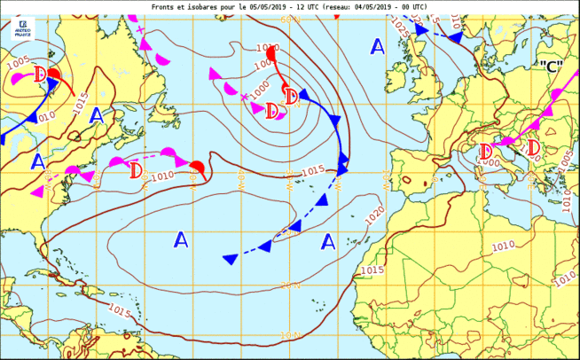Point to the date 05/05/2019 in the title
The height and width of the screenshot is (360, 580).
tap(278, 6)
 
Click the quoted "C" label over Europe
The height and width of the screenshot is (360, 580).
tap(550, 67)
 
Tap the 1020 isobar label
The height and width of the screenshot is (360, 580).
tap(374, 213)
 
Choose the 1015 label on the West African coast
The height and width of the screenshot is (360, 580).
tap(372, 269)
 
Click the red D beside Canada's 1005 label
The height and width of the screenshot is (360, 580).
tap(40, 74)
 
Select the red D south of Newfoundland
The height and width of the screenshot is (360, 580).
tap(136, 168)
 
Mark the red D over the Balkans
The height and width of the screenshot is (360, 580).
tap(534, 146)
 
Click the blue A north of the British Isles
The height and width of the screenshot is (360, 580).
tap(378, 46)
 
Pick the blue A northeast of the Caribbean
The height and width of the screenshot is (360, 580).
tap(181, 239)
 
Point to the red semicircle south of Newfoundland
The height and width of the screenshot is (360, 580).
tap(198, 167)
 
